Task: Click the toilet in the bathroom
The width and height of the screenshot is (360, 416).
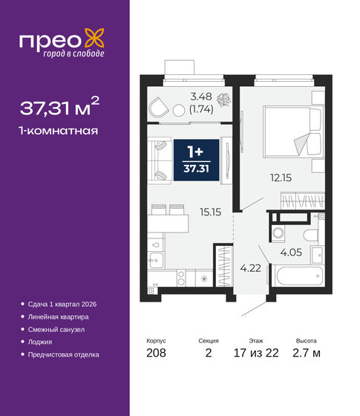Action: (x=312, y=231)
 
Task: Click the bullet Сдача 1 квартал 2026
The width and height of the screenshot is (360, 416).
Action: (x=63, y=305)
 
